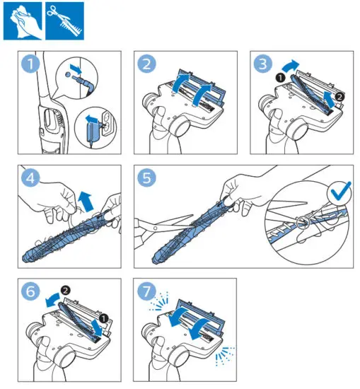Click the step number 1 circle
[30, 64]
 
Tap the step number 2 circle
[146, 64]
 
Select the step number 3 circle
[262, 64]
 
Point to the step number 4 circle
[30, 178]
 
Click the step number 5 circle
[146, 178]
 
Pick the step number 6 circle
[30, 291]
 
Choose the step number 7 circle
[146, 291]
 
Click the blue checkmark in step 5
[340, 192]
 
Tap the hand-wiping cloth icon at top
[23, 21]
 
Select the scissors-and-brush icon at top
[64, 21]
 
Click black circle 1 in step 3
[280, 78]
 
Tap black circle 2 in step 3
[339, 96]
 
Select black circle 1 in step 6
[103, 318]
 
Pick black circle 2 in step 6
[66, 290]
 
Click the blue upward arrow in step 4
[86, 202]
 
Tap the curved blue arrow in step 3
[290, 66]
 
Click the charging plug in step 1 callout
[84, 82]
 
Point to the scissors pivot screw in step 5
[155, 228]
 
